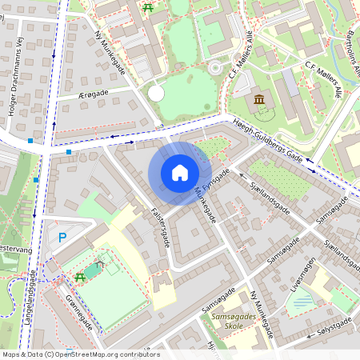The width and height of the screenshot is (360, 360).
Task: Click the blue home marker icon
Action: click(180, 173)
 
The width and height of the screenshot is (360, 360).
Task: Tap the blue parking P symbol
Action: click(62, 238)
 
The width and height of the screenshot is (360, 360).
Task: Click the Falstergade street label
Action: click(159, 228)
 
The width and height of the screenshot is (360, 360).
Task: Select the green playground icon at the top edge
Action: click(147, 7)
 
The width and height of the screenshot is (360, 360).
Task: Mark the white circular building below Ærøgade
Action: click(156, 94)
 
